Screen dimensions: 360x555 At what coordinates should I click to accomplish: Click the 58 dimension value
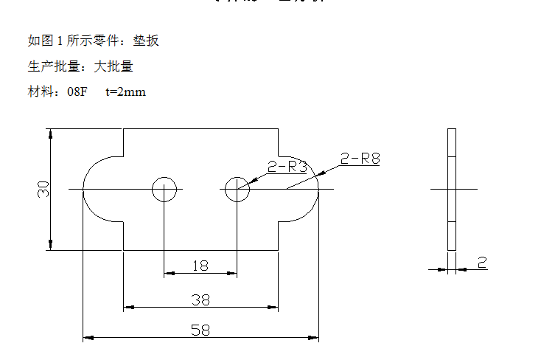pyautogui.click(x=200, y=330)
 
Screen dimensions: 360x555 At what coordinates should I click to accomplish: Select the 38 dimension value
pyautogui.click(x=200, y=300)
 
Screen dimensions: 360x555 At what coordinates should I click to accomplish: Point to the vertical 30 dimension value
pyautogui.click(x=43, y=189)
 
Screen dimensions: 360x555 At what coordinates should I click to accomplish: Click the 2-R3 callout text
pyautogui.click(x=287, y=167)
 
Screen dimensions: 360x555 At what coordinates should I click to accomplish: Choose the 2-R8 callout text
pyautogui.click(x=360, y=158)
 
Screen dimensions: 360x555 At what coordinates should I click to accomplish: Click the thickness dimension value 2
pyautogui.click(x=482, y=263)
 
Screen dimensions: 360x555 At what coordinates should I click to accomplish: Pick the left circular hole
pyautogui.click(x=164, y=190)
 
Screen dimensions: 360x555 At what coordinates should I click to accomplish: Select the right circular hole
pyautogui.click(x=237, y=190)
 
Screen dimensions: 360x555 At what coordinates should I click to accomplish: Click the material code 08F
pyautogui.click(x=77, y=92)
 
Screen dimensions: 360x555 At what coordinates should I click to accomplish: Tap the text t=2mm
pyautogui.click(x=125, y=92)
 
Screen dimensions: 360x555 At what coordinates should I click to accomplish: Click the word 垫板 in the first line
pyautogui.click(x=146, y=41)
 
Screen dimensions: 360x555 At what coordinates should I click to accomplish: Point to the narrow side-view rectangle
pyautogui.click(x=452, y=190)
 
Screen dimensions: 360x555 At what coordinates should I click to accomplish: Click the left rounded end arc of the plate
pyautogui.click(x=86, y=190)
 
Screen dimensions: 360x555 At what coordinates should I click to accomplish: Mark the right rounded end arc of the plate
pyautogui.click(x=316, y=190)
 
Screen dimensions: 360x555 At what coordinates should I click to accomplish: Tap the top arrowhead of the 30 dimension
pyautogui.click(x=51, y=134)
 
